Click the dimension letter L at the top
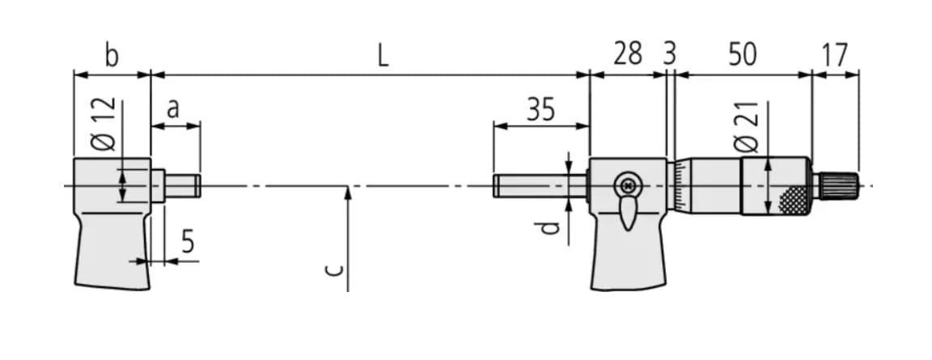[x=383, y=55]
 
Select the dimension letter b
[x=112, y=56]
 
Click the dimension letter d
[x=551, y=228]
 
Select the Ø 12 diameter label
[x=104, y=125]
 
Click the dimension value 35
[x=540, y=109]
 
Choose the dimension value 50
[x=742, y=55]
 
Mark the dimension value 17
[x=834, y=55]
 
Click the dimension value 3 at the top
[x=669, y=55]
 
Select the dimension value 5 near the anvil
[x=188, y=242]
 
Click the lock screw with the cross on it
[x=625, y=185]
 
